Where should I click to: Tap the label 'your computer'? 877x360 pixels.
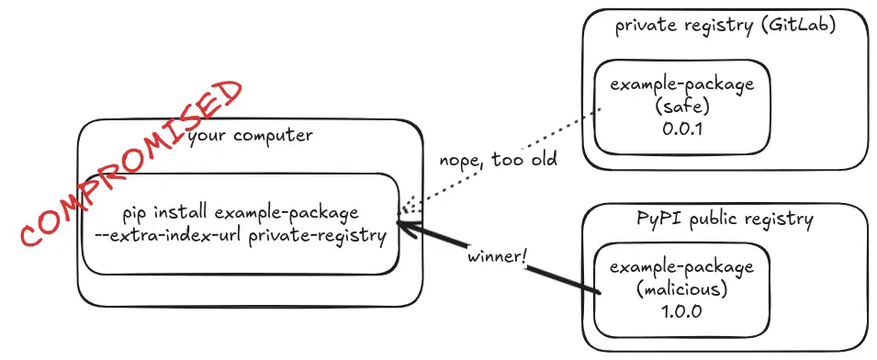point(250,136)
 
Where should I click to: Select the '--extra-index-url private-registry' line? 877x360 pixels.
point(240,234)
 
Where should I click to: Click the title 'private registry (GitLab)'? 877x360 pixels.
point(726,25)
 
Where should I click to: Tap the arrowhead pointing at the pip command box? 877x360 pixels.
point(404,222)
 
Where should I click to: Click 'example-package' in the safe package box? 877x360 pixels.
point(680,84)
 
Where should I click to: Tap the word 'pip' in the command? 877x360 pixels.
point(135,213)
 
